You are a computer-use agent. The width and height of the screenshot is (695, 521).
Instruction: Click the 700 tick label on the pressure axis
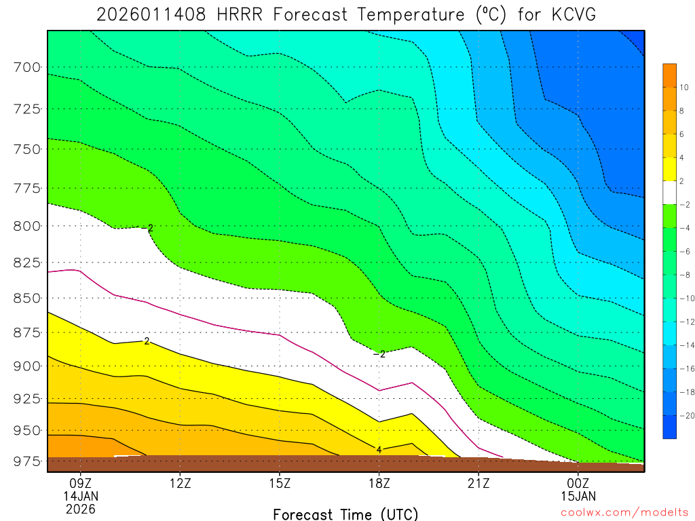coord(26,67)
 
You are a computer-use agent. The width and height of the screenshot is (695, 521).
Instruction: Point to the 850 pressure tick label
coord(26,298)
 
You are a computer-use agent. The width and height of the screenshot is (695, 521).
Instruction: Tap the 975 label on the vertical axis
coord(26,462)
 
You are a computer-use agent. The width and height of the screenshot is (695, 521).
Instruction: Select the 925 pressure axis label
coord(26,398)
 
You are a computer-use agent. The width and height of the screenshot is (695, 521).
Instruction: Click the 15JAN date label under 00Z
coord(578,497)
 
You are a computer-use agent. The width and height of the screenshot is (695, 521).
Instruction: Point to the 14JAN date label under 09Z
coord(81,497)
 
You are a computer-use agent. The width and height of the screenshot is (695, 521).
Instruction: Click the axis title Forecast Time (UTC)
coord(345,514)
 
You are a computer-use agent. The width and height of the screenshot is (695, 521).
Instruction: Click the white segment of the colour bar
coord(669,193)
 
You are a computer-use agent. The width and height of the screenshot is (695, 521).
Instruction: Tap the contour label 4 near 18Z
coord(379,449)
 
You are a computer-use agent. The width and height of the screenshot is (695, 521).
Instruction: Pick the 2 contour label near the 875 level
coord(146,341)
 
